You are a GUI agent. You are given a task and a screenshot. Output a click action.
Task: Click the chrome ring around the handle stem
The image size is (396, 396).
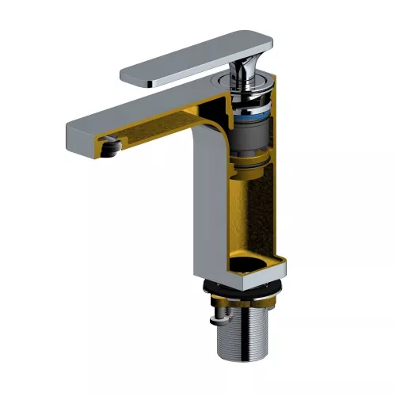246,86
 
